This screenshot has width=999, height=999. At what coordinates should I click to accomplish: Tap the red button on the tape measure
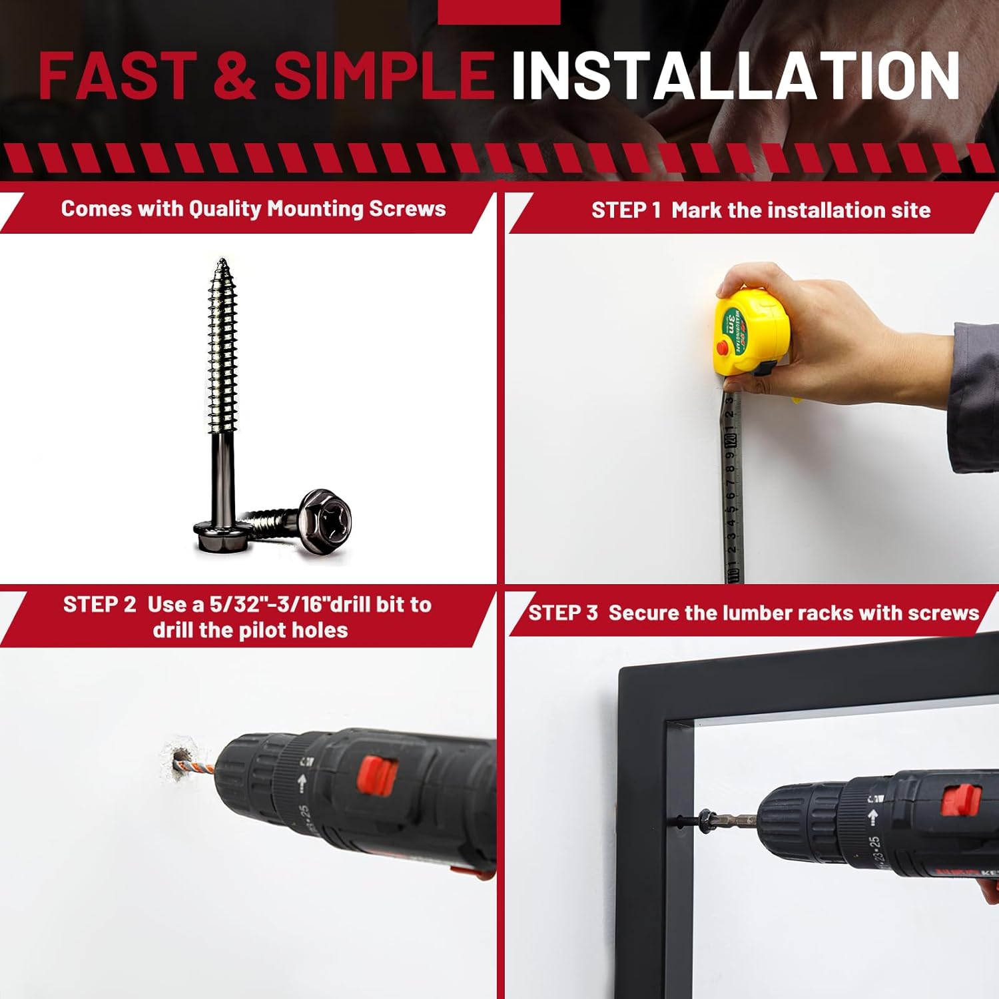coord(723,348)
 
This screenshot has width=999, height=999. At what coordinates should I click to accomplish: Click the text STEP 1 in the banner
coord(626,210)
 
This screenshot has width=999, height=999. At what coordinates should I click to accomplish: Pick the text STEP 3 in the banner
coord(563,613)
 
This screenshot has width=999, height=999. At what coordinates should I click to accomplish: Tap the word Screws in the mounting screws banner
coord(408,209)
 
